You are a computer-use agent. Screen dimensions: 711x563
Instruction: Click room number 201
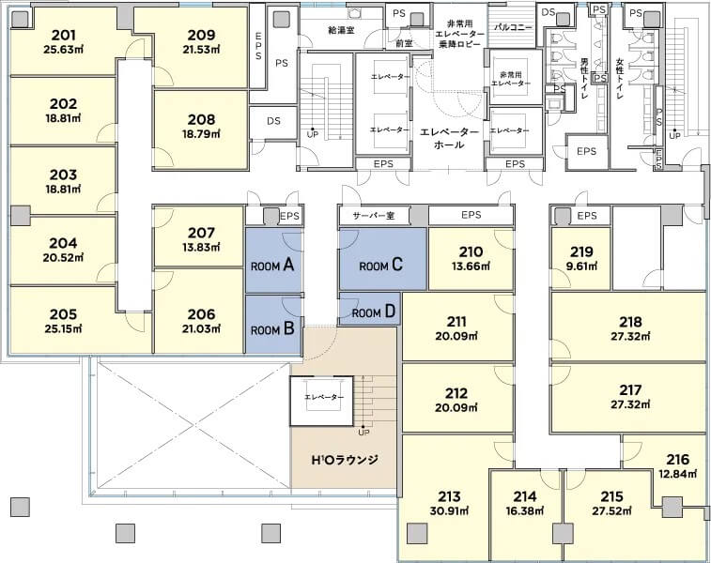64,35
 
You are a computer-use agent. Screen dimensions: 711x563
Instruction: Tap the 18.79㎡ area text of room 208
201,134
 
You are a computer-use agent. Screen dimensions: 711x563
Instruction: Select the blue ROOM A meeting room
273,261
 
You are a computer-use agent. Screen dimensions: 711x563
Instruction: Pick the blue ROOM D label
374,312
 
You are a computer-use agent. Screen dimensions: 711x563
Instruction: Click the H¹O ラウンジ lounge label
345,460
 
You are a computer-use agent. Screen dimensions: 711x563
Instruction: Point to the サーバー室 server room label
374,215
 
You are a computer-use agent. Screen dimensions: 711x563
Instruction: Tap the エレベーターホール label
449,138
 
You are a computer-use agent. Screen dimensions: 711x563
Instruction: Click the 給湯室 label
341,30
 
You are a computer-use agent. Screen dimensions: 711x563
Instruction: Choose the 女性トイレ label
620,79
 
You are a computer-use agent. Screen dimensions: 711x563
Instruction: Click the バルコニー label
513,27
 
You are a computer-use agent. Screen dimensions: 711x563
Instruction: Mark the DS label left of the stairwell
273,121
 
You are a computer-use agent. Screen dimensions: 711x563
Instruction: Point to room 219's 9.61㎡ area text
581,266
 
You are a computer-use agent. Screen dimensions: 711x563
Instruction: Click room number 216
678,459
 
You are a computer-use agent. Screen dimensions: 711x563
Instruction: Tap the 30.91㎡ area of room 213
449,510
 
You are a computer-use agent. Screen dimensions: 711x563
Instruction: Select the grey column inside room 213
417,533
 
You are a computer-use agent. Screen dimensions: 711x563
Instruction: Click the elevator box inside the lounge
321,401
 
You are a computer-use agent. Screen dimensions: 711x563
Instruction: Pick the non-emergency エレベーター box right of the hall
516,131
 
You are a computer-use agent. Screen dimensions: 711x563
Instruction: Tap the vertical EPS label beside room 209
258,46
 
